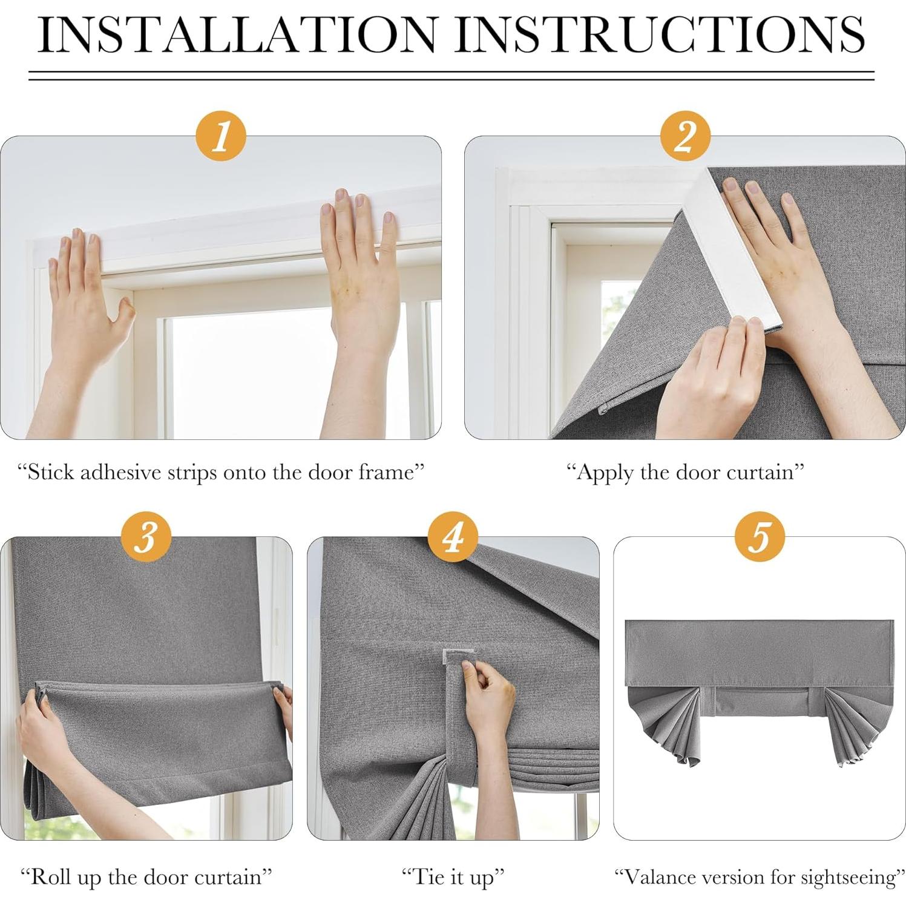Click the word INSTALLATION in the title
tap(237, 34)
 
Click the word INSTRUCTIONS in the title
tap(661, 34)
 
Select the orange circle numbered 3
tap(146, 536)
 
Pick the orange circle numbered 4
tap(453, 536)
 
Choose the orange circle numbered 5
tap(760, 536)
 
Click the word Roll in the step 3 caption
tap(49, 876)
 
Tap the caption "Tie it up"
tap(453, 878)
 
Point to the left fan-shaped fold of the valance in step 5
tap(663, 723)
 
